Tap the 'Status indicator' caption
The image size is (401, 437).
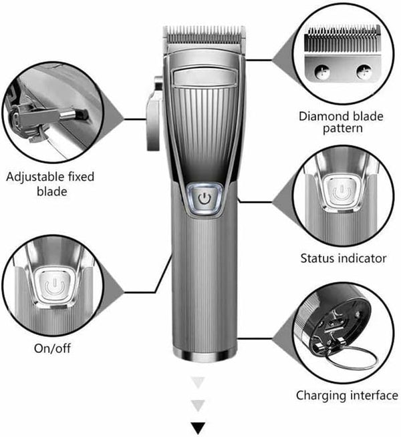343,258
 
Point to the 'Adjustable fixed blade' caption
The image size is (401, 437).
50,184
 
